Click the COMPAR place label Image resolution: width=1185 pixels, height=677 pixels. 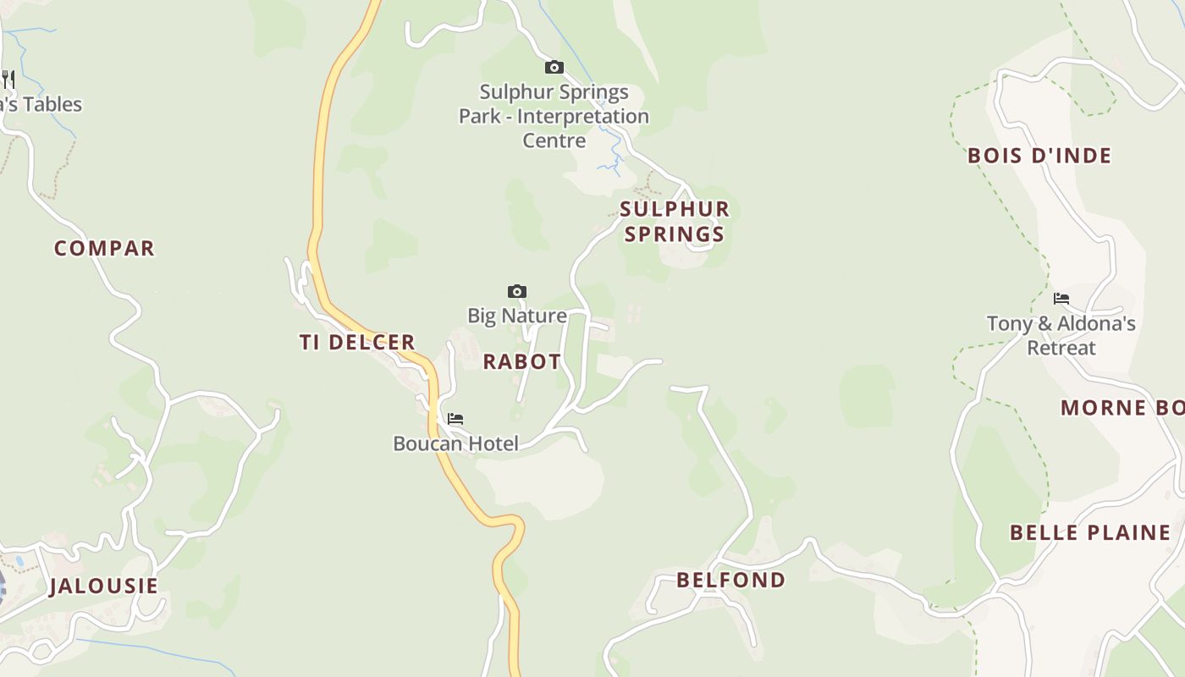point(104,248)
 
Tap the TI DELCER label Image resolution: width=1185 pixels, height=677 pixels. point(357,342)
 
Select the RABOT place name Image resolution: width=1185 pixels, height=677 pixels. point(521,361)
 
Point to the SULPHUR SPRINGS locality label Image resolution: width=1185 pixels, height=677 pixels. point(674,221)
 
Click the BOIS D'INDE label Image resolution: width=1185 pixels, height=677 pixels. point(1039,156)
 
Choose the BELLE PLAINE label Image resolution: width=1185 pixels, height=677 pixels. point(1089,532)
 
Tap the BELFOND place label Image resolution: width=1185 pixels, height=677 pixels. point(730,580)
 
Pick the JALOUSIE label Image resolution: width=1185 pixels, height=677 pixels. point(103,586)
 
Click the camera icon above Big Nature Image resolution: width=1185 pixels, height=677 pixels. point(516,292)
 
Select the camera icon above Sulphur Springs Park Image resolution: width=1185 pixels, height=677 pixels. point(554,67)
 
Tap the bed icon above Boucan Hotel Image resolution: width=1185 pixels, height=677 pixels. point(455,419)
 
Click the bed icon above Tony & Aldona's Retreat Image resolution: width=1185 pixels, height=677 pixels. point(1061,299)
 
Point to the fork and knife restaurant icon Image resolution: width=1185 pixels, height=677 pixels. point(8,80)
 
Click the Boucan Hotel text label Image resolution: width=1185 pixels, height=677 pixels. point(455,443)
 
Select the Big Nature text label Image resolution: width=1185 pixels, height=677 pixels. point(517,316)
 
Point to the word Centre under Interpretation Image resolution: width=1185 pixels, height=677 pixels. point(554,140)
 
